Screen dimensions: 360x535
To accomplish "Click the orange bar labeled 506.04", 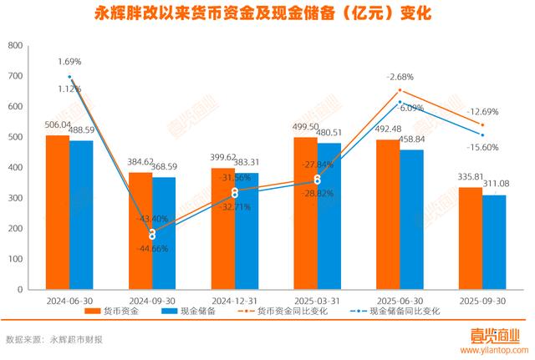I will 58,212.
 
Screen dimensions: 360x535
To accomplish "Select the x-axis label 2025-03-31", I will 317,300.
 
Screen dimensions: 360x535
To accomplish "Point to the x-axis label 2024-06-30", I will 69,300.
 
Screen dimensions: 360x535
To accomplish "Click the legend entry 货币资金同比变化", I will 293,312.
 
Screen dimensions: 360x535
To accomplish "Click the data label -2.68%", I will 399,77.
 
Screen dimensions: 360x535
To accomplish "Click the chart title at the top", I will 267,15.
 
